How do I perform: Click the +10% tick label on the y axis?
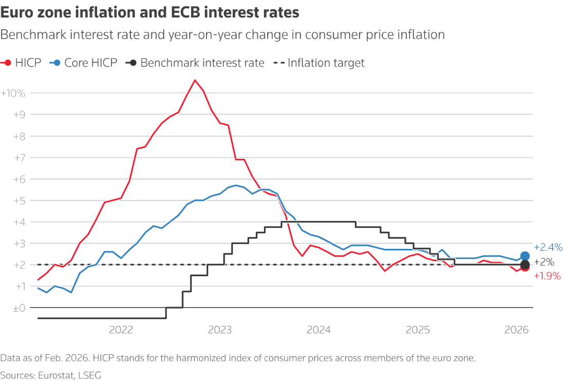click(x=13, y=93)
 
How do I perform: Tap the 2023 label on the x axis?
click(x=220, y=330)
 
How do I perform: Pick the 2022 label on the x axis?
click(x=121, y=330)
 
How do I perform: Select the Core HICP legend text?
click(x=91, y=63)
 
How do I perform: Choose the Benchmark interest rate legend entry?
click(x=202, y=63)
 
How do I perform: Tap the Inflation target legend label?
click(x=326, y=63)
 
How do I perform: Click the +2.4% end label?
click(x=547, y=247)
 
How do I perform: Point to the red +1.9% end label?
click(x=547, y=276)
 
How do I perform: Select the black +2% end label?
click(x=545, y=262)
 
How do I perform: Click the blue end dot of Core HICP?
click(x=524, y=256)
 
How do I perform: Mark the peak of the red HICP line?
click(x=195, y=80)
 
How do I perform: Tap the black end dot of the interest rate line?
click(x=524, y=265)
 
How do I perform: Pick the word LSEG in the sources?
click(x=90, y=375)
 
